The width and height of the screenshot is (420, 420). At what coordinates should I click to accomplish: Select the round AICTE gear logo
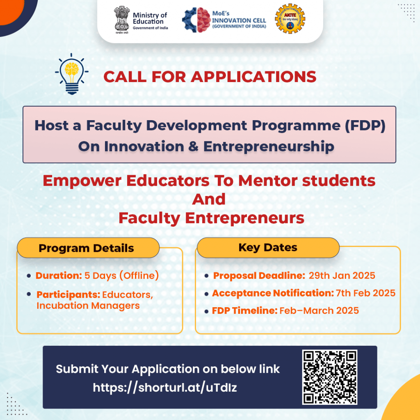290,19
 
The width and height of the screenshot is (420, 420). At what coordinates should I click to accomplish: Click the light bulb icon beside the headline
71,74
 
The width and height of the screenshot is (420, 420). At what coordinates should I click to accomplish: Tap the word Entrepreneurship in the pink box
269,146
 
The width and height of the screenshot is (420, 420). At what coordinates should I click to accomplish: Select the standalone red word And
209,199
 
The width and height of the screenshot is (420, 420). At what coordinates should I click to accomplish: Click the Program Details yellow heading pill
87,248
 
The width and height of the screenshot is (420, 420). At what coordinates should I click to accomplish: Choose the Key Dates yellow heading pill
268,247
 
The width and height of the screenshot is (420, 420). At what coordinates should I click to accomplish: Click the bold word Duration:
59,276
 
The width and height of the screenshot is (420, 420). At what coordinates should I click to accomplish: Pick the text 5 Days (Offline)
121,276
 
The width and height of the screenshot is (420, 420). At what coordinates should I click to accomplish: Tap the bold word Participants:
68,294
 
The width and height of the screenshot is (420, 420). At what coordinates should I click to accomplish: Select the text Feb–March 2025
319,310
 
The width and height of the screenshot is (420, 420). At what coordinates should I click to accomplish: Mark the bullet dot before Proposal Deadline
207,276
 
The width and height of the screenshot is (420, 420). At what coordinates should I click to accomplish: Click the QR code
330,377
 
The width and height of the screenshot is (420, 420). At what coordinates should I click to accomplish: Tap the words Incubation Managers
88,306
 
